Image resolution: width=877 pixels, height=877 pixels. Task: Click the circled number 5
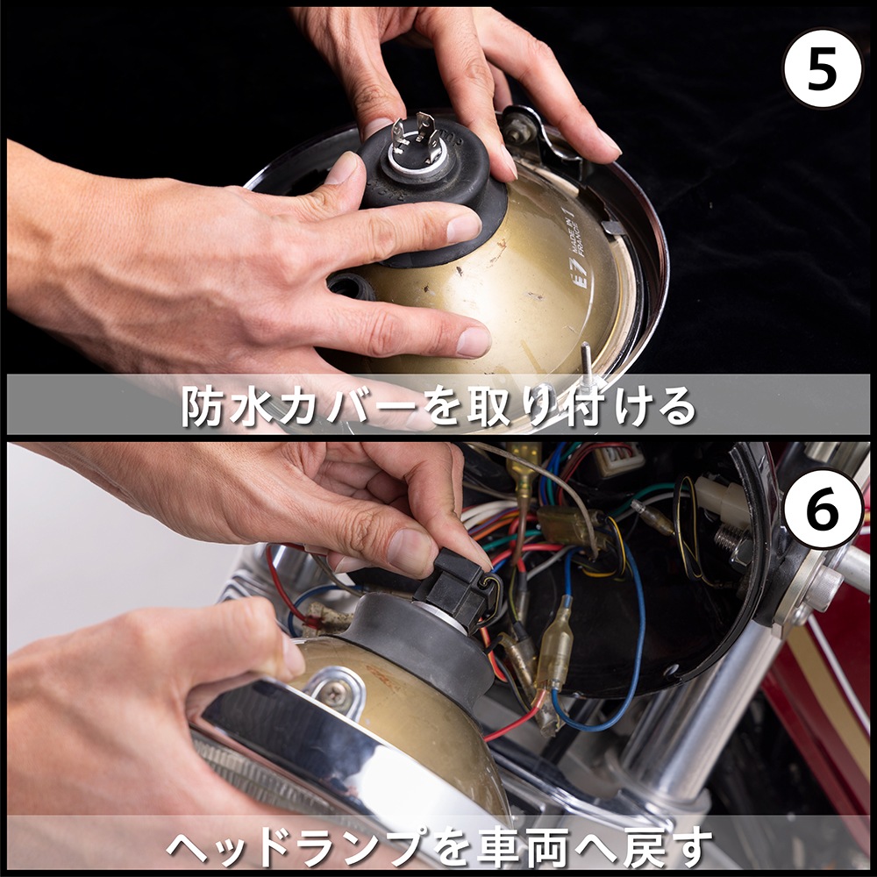[822, 68]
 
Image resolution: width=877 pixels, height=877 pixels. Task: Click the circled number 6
[822, 509]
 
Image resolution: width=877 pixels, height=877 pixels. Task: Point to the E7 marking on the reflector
[580, 279]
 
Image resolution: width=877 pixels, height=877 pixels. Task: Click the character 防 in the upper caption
[203, 406]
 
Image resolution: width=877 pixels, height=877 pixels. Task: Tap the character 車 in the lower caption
[500, 845]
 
